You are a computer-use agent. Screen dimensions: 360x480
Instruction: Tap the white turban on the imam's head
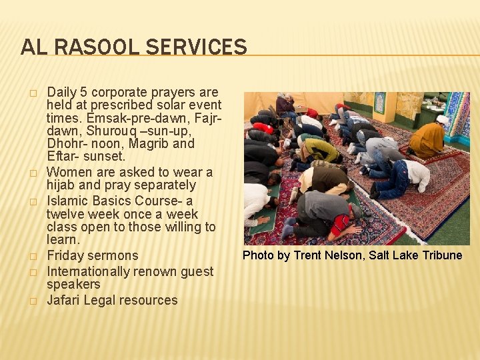tap(442, 119)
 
